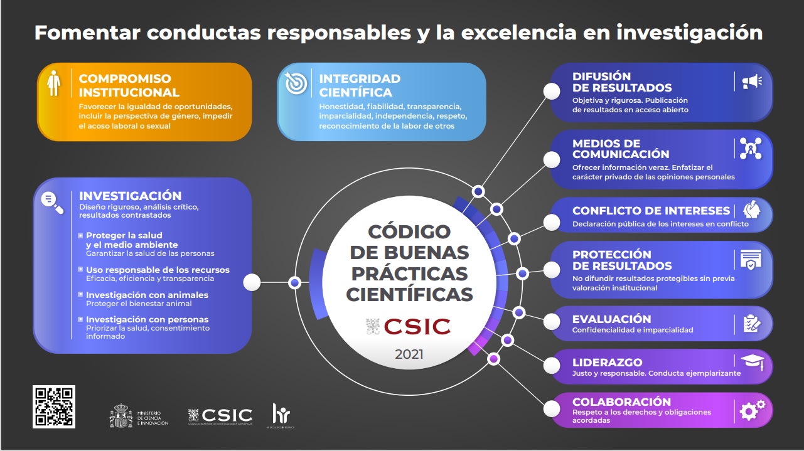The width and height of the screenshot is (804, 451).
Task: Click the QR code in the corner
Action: (x=54, y=406)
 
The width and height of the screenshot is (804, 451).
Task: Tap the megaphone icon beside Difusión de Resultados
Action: (x=751, y=81)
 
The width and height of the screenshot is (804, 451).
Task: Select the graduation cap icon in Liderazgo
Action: (x=751, y=361)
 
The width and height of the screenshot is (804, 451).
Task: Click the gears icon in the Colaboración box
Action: (x=752, y=410)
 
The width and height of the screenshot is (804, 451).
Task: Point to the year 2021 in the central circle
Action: (x=409, y=354)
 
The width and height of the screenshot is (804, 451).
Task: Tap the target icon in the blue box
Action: (x=296, y=83)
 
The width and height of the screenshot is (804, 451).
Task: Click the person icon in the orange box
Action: (x=53, y=83)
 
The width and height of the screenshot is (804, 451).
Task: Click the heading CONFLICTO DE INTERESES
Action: (x=651, y=211)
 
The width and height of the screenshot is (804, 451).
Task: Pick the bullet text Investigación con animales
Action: (x=147, y=295)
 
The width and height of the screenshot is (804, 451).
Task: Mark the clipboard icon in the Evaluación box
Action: (x=751, y=324)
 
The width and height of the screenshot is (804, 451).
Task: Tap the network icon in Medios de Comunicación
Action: (x=751, y=149)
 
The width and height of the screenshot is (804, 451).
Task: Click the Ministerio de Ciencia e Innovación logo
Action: (x=139, y=415)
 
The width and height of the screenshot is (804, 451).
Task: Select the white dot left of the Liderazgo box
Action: (x=551, y=365)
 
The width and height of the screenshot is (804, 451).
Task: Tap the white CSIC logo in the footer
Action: (x=220, y=415)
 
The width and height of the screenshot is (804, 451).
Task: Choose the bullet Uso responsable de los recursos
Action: (x=158, y=270)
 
